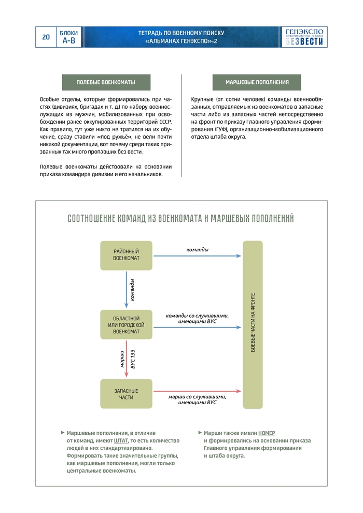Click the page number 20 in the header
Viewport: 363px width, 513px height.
[46, 37]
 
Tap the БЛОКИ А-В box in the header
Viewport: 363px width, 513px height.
[69, 37]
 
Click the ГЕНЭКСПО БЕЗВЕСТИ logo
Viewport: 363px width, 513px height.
[304, 37]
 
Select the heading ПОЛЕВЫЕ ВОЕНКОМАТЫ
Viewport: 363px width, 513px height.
[106, 82]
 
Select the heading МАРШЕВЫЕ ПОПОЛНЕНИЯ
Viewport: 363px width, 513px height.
[257, 82]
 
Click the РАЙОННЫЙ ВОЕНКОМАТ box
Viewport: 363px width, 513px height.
[126, 255]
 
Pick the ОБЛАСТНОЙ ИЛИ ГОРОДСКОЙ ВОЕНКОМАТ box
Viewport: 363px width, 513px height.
[126, 324]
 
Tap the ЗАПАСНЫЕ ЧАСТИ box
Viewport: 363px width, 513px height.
[126, 393]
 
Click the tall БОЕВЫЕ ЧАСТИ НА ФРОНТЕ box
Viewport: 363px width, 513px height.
[253, 324]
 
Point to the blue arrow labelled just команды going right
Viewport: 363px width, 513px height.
[197, 256]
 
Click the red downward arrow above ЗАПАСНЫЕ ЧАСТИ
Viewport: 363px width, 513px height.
[126, 359]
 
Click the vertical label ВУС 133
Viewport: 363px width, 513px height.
[133, 359]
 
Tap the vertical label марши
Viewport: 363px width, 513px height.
[121, 359]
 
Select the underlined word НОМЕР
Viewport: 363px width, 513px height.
[267, 433]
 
